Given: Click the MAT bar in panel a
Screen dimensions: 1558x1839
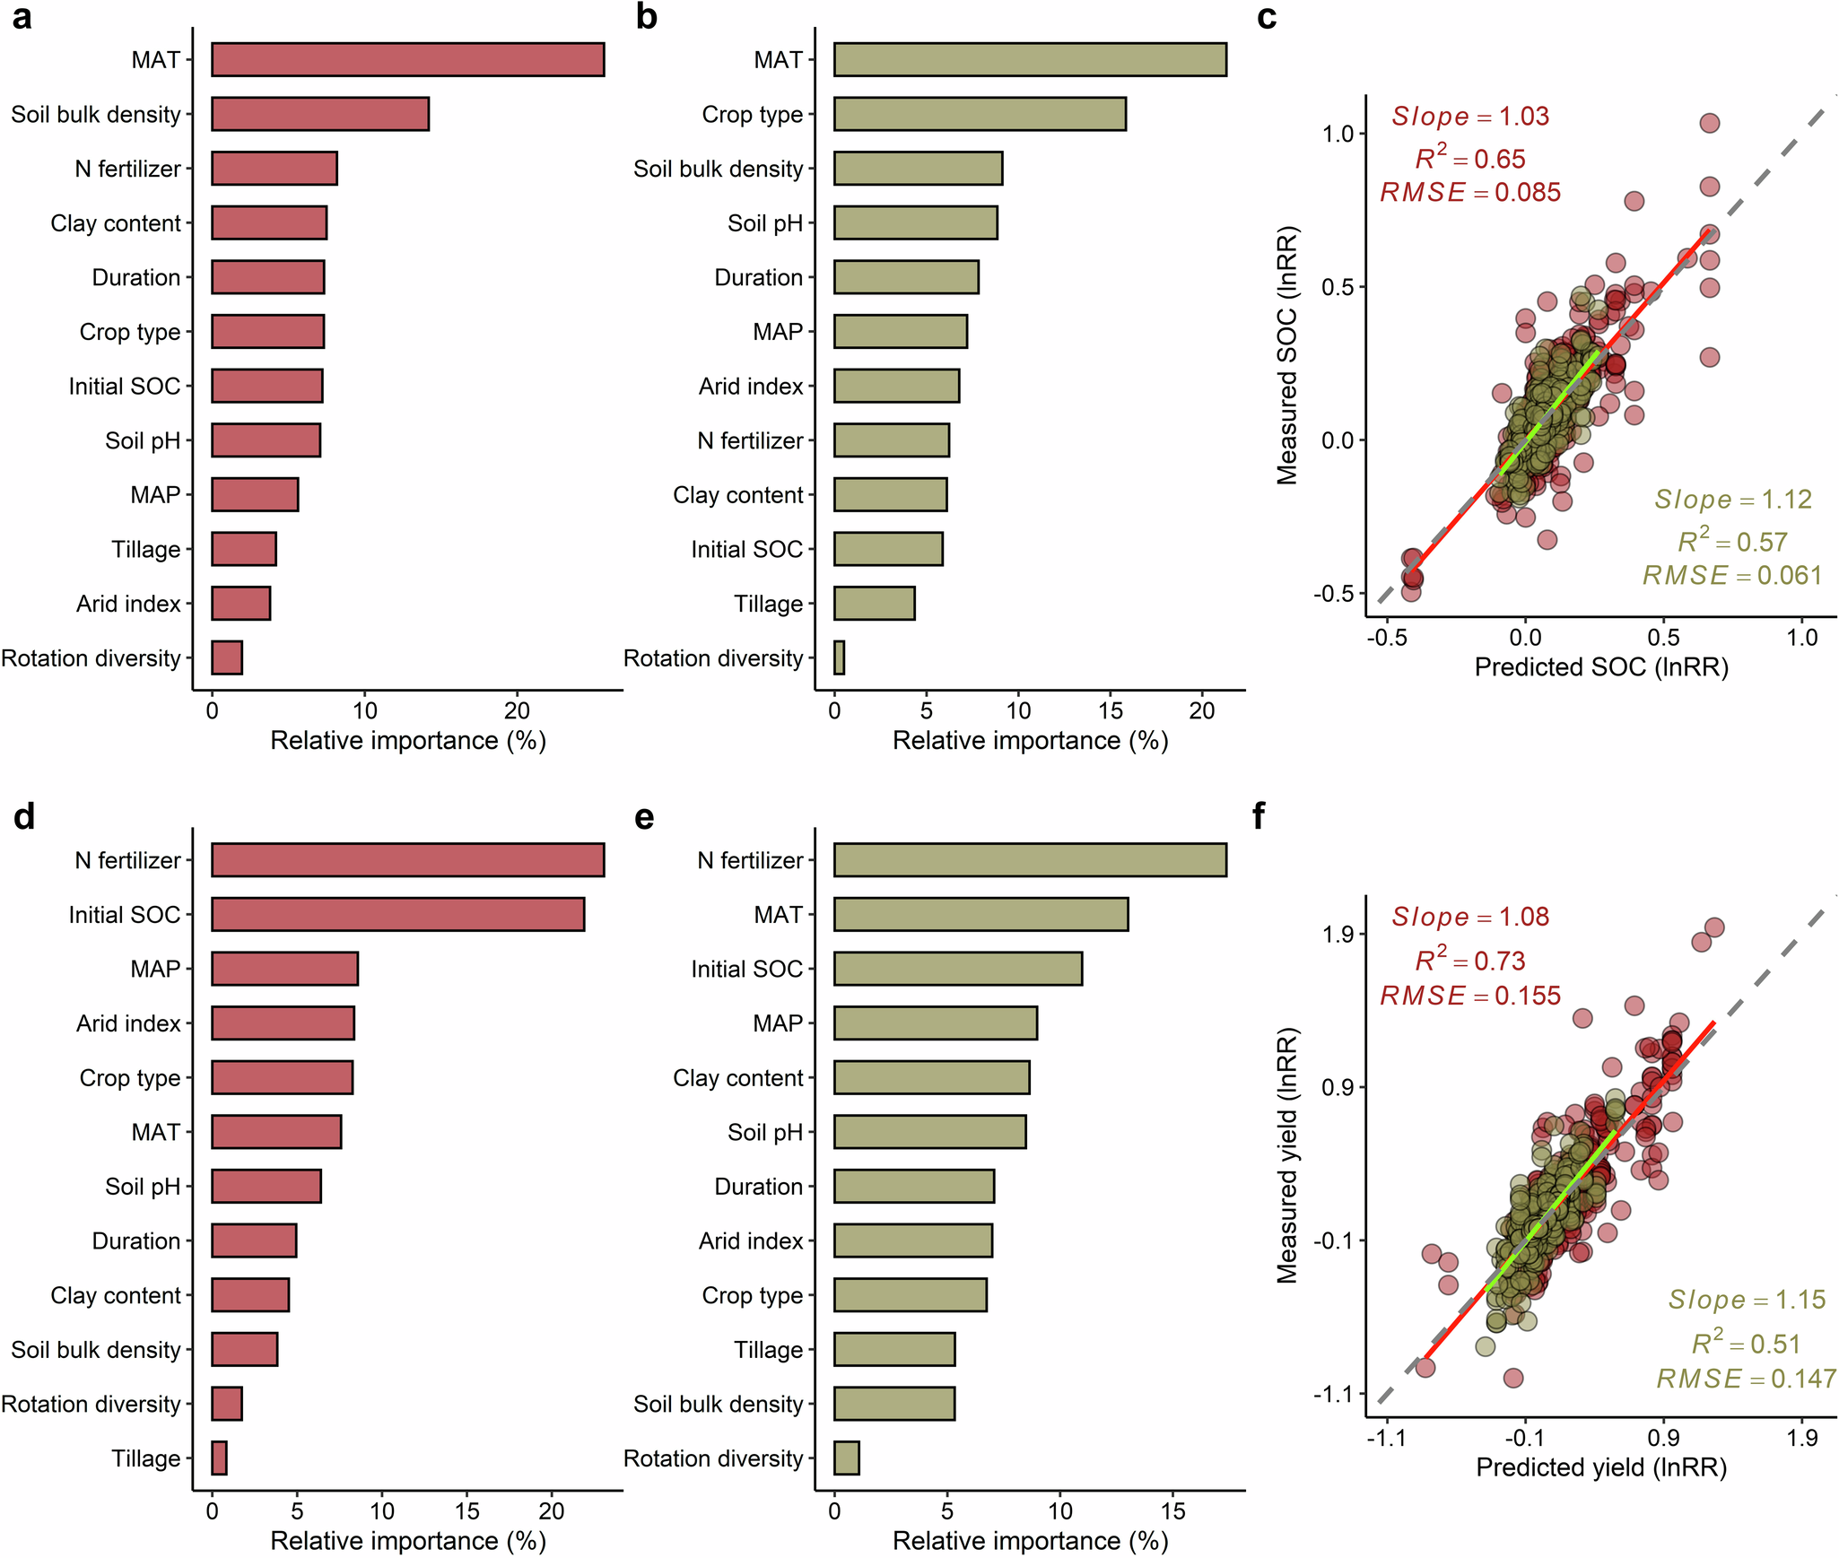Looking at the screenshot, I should (x=407, y=60).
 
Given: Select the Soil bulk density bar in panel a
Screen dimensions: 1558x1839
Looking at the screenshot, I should (x=320, y=114).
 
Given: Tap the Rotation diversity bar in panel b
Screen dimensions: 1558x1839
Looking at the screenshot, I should (x=839, y=657).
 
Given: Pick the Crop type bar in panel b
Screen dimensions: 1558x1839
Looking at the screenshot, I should (x=980, y=114).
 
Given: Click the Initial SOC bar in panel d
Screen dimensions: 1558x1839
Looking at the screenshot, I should (x=397, y=914).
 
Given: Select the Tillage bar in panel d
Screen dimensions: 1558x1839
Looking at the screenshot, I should (x=219, y=1458).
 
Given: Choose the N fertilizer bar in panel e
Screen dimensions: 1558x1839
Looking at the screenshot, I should (x=1030, y=859).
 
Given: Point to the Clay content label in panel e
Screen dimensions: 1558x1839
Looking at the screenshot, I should (x=737, y=1077).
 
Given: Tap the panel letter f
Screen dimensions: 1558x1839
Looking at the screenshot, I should (x=1259, y=816).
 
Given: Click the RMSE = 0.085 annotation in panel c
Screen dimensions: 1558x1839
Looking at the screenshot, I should (x=1470, y=192).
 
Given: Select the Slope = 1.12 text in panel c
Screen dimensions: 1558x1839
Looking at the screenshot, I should (x=1733, y=499).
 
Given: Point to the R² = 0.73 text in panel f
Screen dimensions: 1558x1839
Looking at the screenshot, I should (x=1470, y=961).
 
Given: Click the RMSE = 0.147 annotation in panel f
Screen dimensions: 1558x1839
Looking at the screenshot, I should (x=1746, y=1378).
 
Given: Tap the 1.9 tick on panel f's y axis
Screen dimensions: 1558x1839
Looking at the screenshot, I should (x=1337, y=934).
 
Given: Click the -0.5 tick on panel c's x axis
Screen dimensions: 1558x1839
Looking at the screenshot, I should (x=1386, y=638).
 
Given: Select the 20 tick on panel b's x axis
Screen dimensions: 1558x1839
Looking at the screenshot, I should (x=1201, y=710).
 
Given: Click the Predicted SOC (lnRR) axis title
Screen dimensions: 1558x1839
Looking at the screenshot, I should (x=1601, y=666).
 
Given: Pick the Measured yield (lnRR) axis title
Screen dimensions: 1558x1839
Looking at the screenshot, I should (x=1287, y=1156).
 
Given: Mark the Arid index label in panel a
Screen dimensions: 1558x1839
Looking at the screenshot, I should (x=128, y=604).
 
